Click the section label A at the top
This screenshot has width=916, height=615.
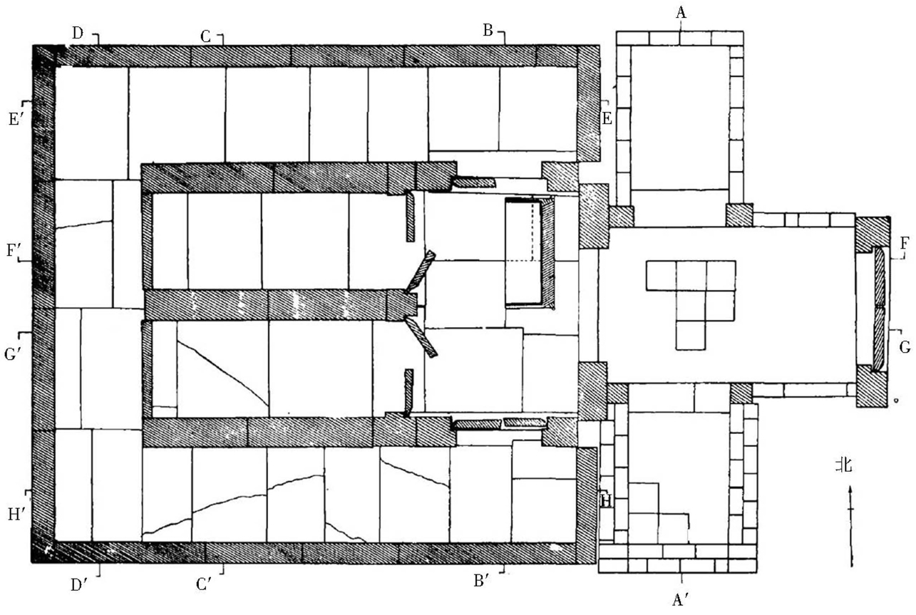tap(681, 12)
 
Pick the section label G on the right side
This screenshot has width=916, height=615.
tap(905, 347)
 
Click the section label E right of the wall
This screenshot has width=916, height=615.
tap(607, 118)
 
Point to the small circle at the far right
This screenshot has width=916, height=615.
tap(897, 400)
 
